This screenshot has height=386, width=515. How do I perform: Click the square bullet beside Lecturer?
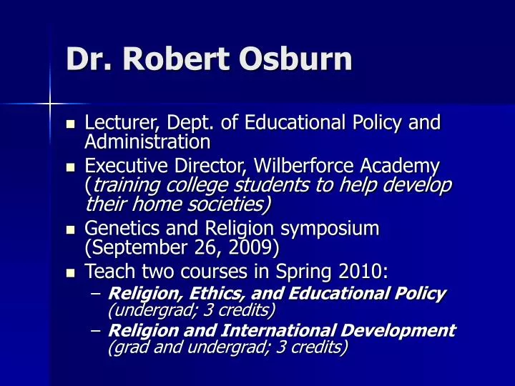click(x=70, y=123)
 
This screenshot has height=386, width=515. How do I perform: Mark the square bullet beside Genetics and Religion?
click(x=70, y=229)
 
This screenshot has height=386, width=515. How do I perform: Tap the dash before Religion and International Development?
click(x=97, y=331)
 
